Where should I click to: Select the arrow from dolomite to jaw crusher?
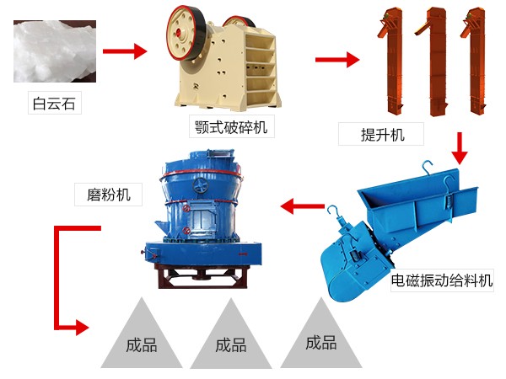pyautogui.click(x=124, y=51)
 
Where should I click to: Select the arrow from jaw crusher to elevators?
pyautogui.click(x=336, y=60)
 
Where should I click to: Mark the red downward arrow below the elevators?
pyautogui.click(x=459, y=148)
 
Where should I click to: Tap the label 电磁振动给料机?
pyautogui.click(x=441, y=282)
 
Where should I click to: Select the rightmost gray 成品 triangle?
pyautogui.click(x=320, y=342)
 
